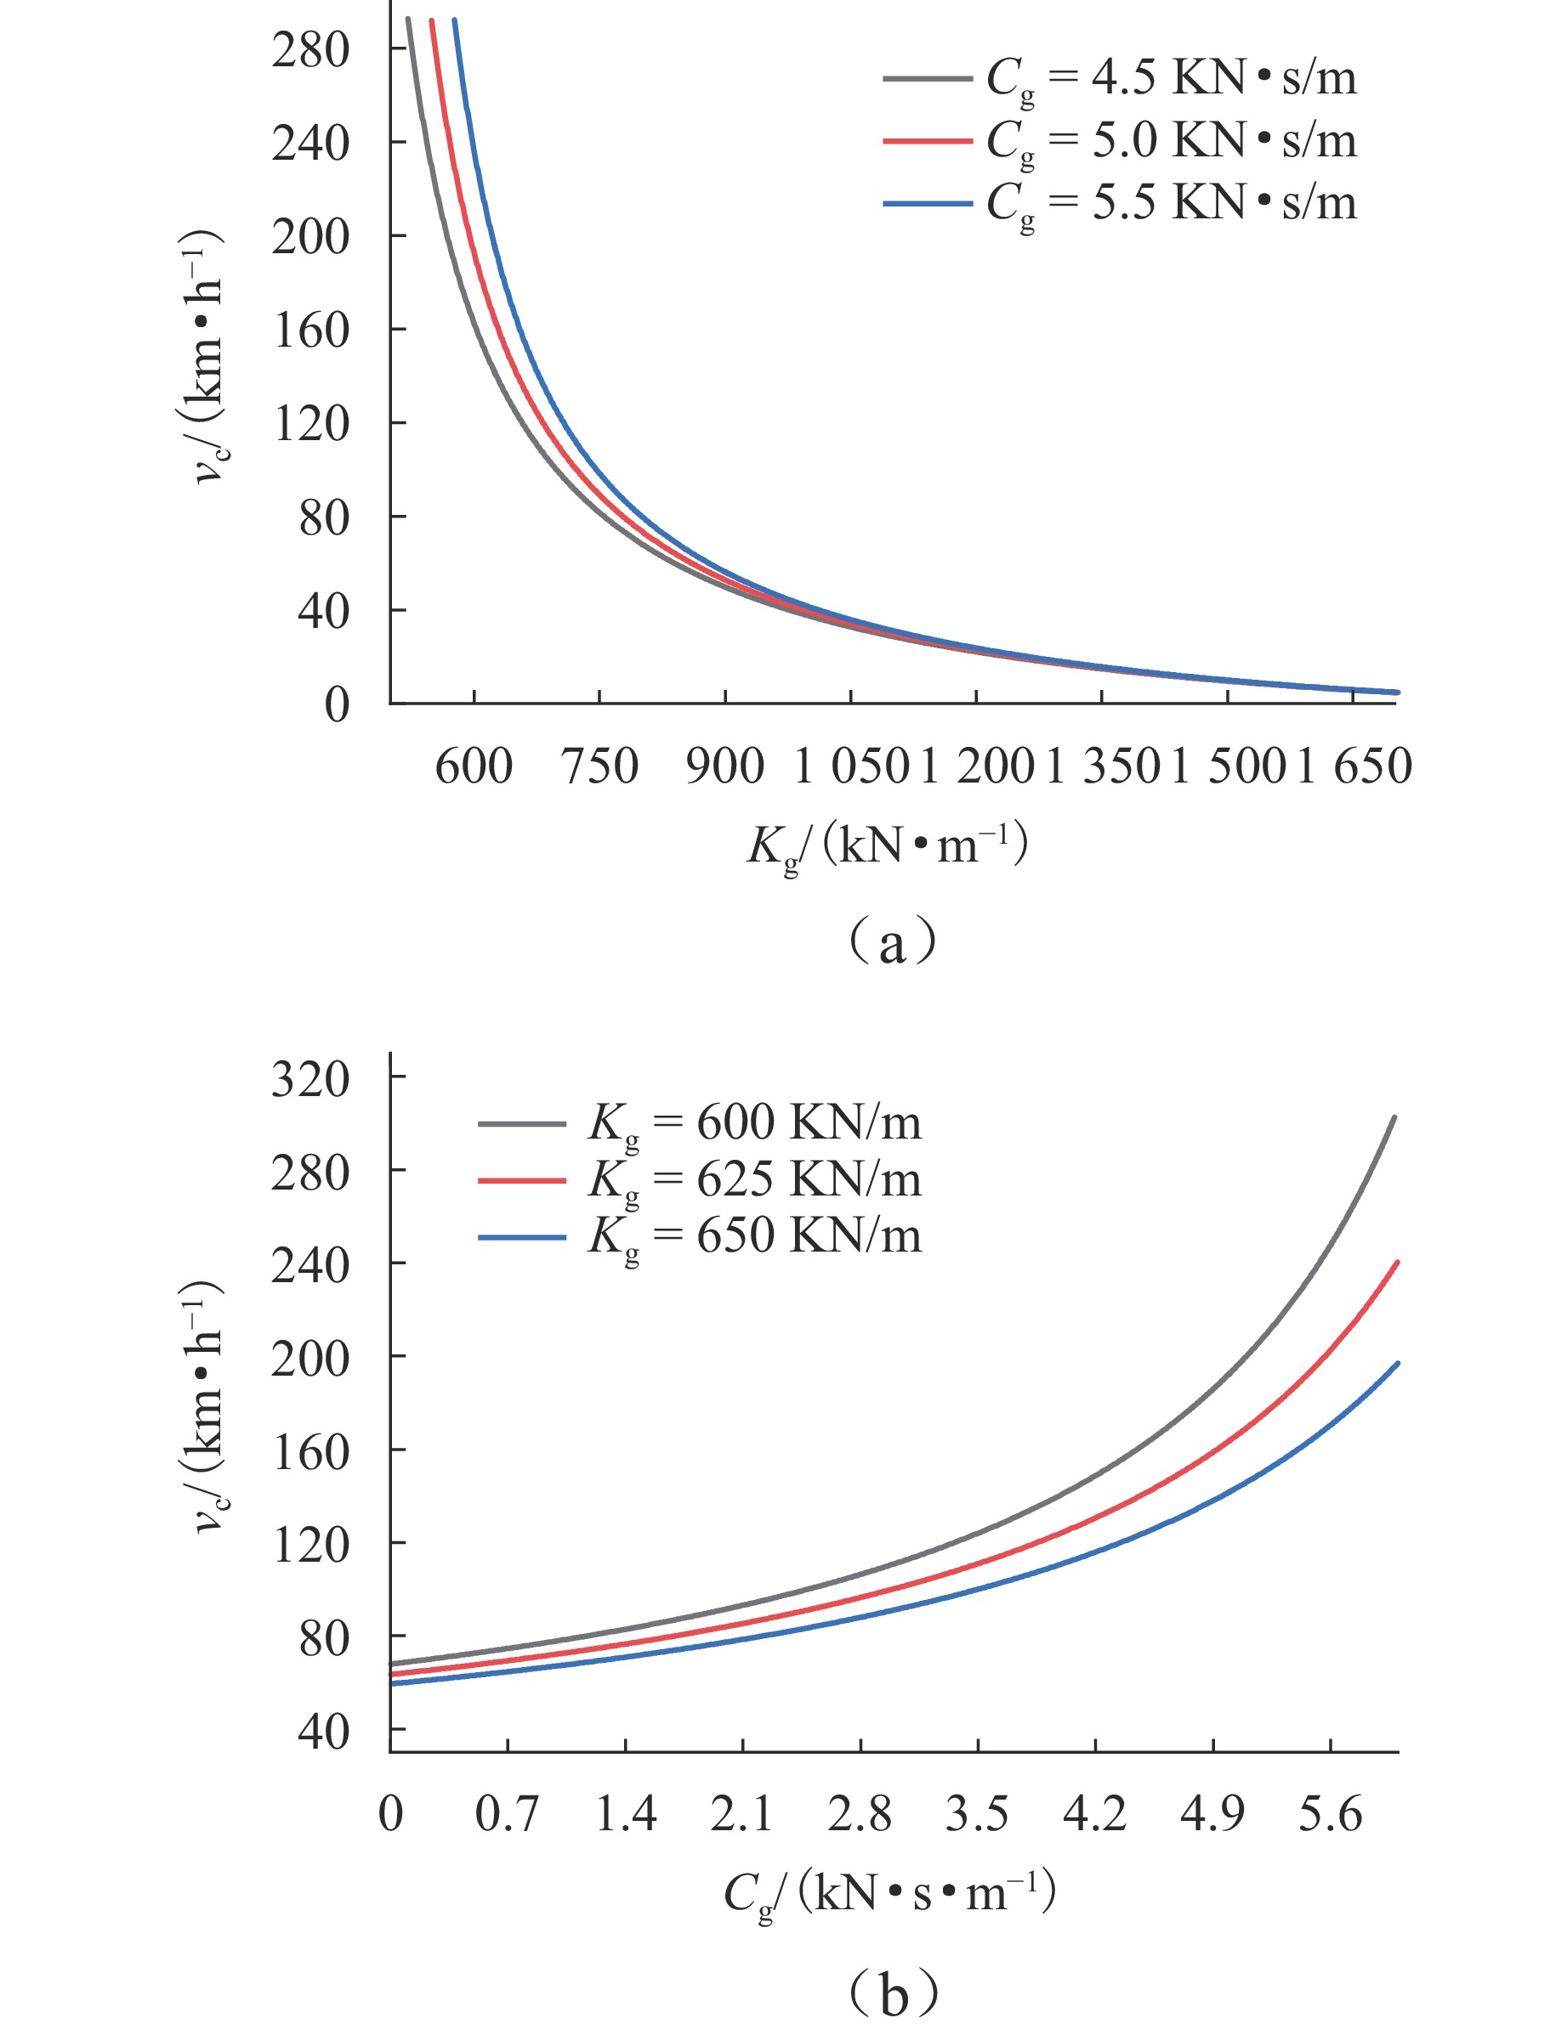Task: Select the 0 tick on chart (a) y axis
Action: (x=337, y=705)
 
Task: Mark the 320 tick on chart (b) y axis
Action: (x=310, y=1079)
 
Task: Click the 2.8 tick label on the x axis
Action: (x=860, y=1814)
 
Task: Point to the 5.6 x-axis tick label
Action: (x=1331, y=1814)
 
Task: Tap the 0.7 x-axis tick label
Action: (x=507, y=1814)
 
